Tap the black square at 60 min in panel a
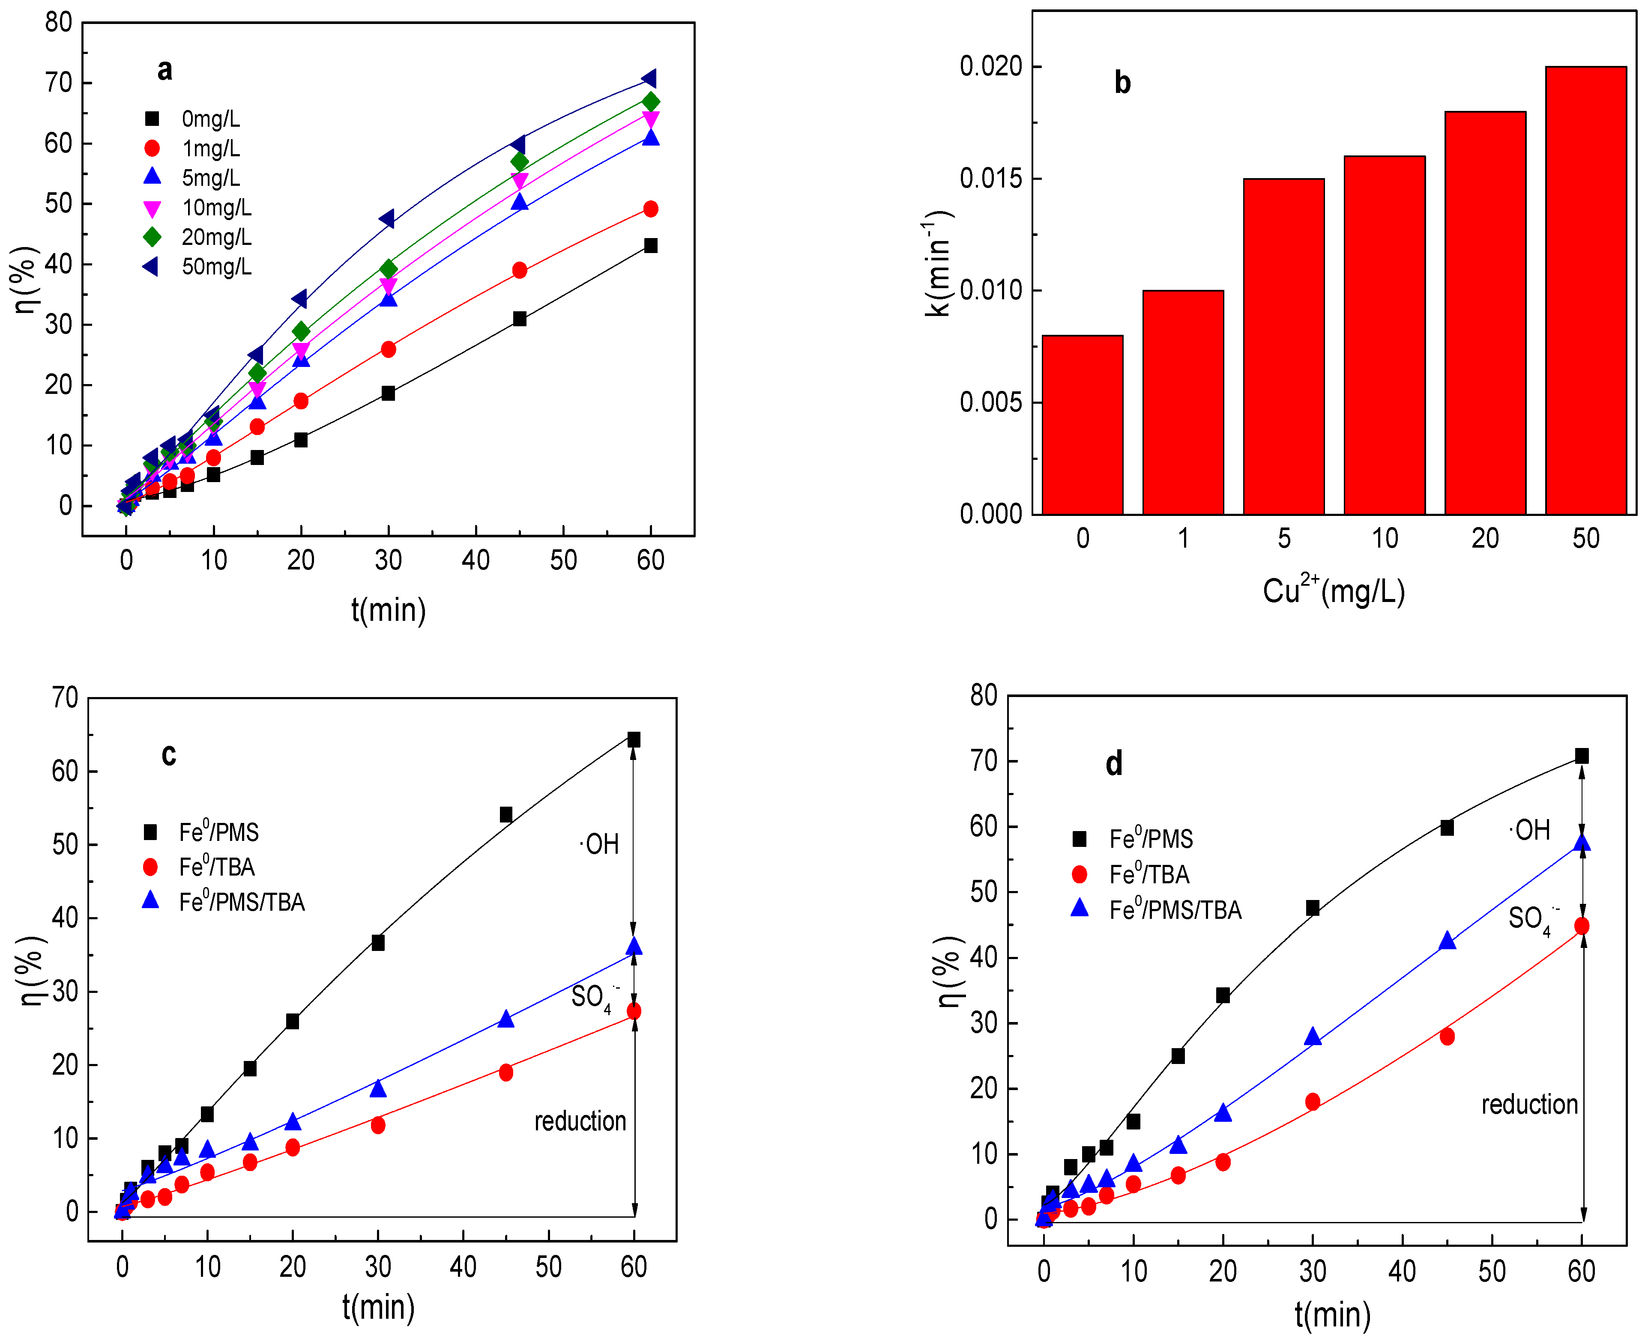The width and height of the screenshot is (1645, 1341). [651, 246]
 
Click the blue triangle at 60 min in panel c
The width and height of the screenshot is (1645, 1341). [634, 947]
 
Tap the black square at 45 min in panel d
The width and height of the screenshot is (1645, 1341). [1446, 827]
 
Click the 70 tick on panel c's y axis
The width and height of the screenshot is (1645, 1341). [65, 697]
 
